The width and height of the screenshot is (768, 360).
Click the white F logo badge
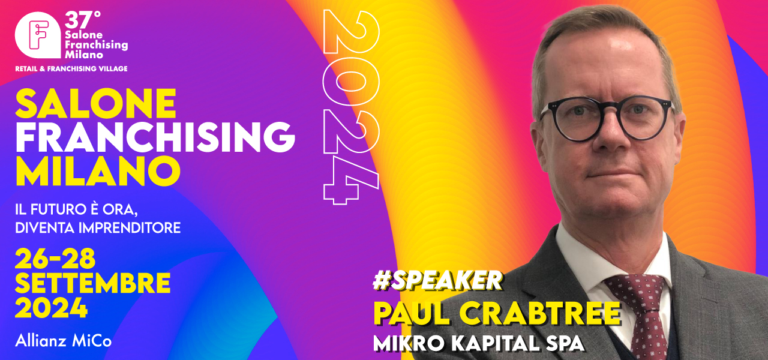(x=38, y=35)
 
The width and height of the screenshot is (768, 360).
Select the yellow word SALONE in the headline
(x=95, y=104)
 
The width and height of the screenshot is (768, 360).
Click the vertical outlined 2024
(x=351, y=107)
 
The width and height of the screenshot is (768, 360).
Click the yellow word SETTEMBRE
(x=92, y=283)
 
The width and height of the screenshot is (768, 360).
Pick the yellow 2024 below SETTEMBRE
(x=51, y=308)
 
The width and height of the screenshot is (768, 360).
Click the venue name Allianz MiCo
(x=64, y=341)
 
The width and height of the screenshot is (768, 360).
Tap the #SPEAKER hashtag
(x=437, y=281)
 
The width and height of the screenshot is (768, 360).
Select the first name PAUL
(x=412, y=313)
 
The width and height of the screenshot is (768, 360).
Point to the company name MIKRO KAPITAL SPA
(x=479, y=343)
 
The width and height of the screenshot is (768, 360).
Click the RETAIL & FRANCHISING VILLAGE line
(x=71, y=69)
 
